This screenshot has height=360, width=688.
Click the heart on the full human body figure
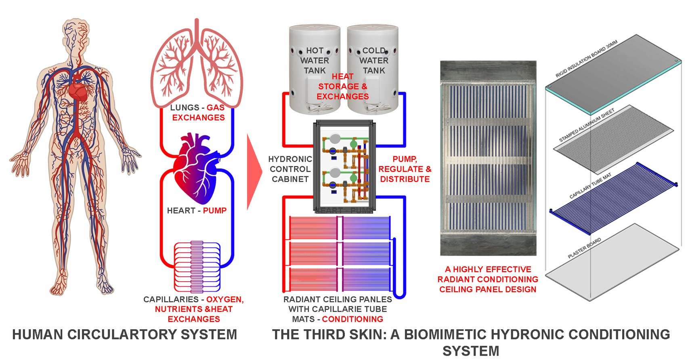(78, 91)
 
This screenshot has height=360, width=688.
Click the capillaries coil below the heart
(197, 267)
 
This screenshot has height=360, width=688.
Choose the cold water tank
(373, 69)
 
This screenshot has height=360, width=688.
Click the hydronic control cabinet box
(344, 166)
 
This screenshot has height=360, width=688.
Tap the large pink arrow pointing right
(254, 171)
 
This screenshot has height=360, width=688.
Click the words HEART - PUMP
(197, 211)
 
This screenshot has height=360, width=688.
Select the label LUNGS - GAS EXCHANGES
(197, 113)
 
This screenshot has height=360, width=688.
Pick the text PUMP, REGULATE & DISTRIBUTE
(405, 169)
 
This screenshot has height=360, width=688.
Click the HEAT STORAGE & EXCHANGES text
(342, 86)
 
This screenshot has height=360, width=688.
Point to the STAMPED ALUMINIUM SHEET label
(586, 125)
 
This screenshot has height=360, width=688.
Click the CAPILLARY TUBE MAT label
(590, 186)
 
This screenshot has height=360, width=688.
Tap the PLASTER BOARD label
(584, 248)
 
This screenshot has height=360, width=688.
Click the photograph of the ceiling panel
(488, 158)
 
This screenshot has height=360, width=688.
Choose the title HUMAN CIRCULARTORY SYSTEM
(124, 335)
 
